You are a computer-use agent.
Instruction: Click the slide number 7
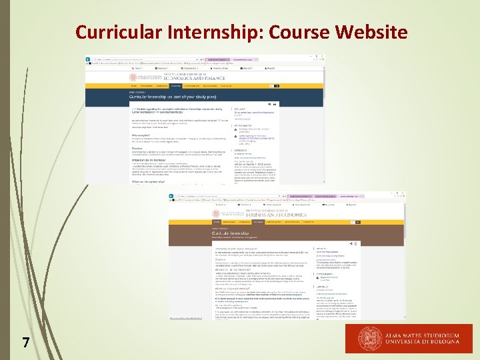coord(25,343)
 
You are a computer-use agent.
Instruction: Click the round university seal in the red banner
coord(371,339)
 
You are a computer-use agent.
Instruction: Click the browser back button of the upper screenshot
coord(87,60)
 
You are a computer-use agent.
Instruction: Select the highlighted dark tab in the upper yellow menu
coord(175,86)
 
